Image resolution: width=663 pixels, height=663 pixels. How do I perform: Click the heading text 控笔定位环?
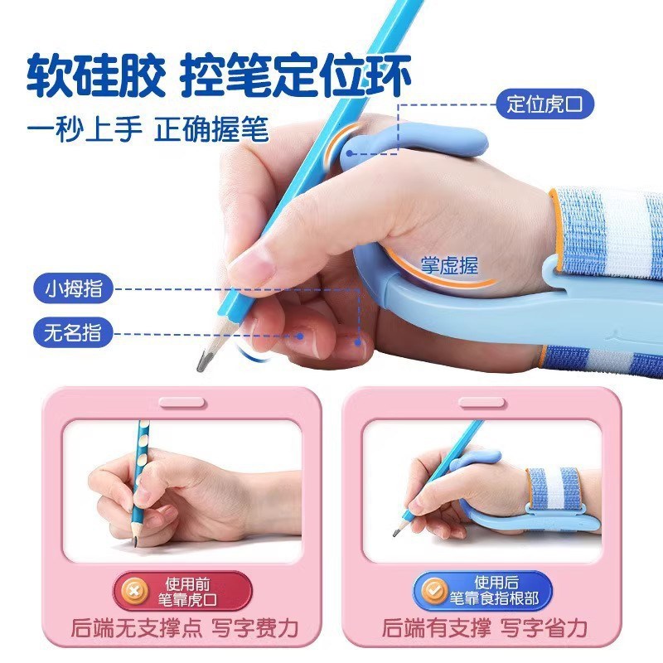(x=297, y=75)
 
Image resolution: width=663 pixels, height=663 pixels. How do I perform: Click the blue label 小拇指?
(x=72, y=289)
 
